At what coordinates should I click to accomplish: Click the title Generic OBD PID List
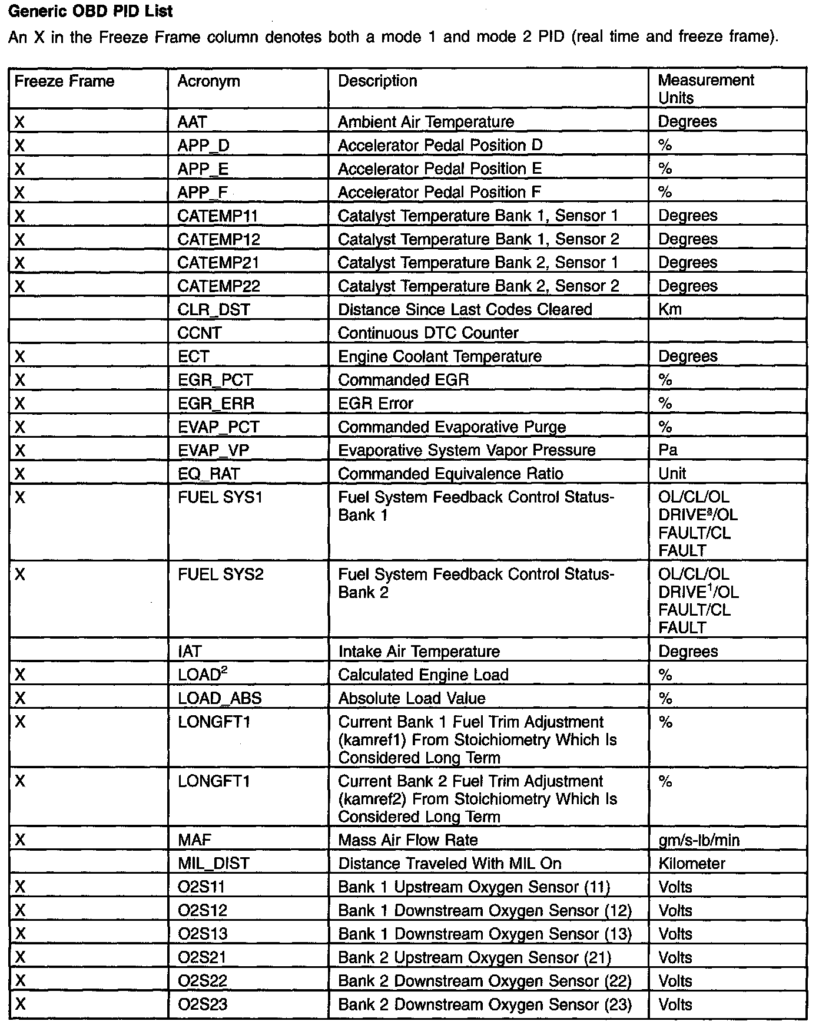pos(91,11)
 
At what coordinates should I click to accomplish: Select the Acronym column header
pos(208,81)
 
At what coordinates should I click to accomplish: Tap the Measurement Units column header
pos(705,89)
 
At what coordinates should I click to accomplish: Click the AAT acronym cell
pos(192,122)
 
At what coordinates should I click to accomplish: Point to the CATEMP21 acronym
pos(218,263)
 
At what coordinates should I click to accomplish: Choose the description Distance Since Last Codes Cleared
pos(465,310)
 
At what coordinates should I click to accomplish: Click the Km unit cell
pos(669,310)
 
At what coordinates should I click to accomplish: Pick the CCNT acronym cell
pos(199,333)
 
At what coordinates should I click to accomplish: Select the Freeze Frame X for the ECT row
pos(20,356)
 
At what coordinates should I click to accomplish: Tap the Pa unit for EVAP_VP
pos(668,451)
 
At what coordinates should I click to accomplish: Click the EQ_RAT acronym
pos(208,474)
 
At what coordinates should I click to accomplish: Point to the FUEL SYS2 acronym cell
pos(220,574)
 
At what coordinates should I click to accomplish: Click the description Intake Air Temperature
pos(419,652)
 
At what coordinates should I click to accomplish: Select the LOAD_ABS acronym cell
pos(219,699)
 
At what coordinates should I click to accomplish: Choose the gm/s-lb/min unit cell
pos(698,841)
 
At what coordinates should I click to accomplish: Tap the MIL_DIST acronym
pos(213,864)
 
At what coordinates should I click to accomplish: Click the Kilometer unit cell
pos(691,864)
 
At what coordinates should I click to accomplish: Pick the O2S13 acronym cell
pos(202,934)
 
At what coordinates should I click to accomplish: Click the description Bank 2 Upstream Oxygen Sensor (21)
pos(474,958)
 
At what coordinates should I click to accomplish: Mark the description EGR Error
pos(375,404)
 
